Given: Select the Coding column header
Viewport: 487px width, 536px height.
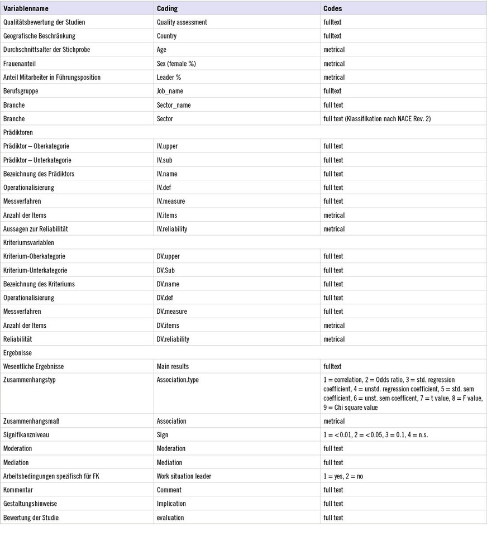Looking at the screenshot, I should click(168, 9).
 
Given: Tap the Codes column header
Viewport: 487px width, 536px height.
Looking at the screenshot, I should click(332, 9).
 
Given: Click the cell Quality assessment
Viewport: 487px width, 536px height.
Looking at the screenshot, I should click(182, 22).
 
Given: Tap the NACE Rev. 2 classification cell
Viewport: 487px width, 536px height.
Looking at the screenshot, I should click(377, 118).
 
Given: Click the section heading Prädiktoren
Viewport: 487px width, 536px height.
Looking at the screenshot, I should click(18, 132).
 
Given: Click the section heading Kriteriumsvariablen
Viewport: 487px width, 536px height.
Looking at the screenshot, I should click(28, 242).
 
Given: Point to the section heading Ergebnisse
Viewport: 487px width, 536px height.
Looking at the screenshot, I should click(17, 353).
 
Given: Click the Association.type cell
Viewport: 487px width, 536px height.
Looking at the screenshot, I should click(178, 380).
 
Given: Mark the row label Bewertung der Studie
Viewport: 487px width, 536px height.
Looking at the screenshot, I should click(31, 518).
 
